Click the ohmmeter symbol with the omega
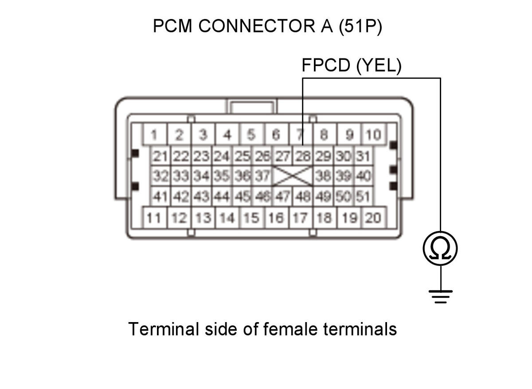[440, 248]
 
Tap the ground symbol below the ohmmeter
[440, 297]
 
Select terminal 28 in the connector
[303, 156]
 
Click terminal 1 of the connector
[154, 134]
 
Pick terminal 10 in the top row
[374, 134]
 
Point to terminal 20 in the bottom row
[374, 218]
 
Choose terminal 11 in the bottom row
[154, 218]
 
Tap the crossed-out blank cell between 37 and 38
[293, 176]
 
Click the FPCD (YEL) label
[352, 65]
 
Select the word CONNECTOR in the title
[257, 26]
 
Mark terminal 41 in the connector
[160, 196]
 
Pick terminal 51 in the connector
[364, 196]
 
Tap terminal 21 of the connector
[160, 156]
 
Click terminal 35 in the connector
[222, 176]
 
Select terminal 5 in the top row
[251, 134]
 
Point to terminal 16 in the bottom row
[276, 218]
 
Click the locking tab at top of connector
[252, 106]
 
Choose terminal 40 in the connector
[364, 176]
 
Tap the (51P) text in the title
[360, 26]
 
